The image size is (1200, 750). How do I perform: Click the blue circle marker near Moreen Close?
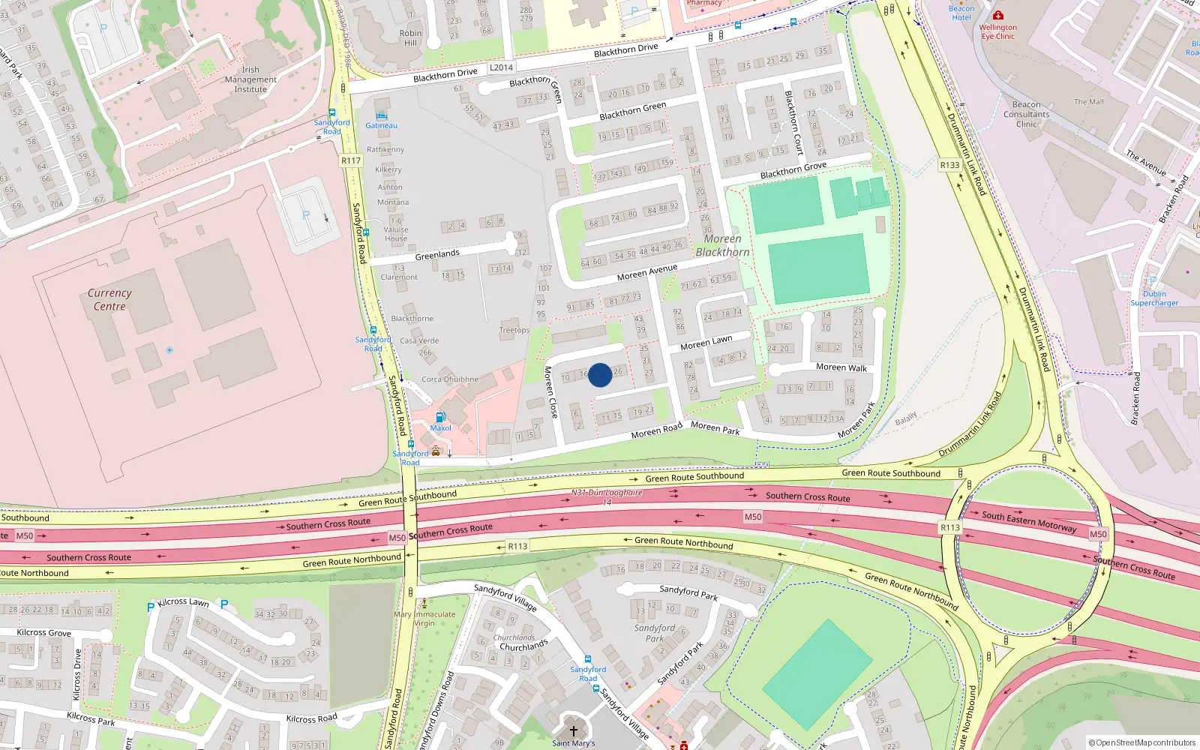click(599, 375)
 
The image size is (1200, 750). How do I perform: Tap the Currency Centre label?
click(109, 299)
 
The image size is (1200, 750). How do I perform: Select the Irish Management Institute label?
click(250, 79)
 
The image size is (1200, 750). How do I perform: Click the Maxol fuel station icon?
click(440, 417)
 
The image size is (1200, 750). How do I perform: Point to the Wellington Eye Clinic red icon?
click(997, 15)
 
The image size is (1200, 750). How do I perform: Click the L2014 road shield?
click(501, 67)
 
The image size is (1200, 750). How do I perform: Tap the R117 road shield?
click(351, 160)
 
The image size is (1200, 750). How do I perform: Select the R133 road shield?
click(949, 165)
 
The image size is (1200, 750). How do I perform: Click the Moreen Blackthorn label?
click(722, 245)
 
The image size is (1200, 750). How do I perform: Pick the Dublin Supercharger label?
click(1154, 298)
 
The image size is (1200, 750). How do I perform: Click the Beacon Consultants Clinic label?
click(1026, 114)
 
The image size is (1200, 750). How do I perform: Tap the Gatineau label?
click(381, 125)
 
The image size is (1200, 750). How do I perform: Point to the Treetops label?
click(514, 330)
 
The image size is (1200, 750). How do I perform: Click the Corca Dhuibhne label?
click(449, 379)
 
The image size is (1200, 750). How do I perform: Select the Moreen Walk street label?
click(841, 367)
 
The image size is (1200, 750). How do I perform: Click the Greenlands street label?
click(437, 254)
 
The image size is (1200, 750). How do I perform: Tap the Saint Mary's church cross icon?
click(574, 730)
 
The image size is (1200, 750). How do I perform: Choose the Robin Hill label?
click(410, 37)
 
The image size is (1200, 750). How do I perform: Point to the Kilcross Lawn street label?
click(183, 601)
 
